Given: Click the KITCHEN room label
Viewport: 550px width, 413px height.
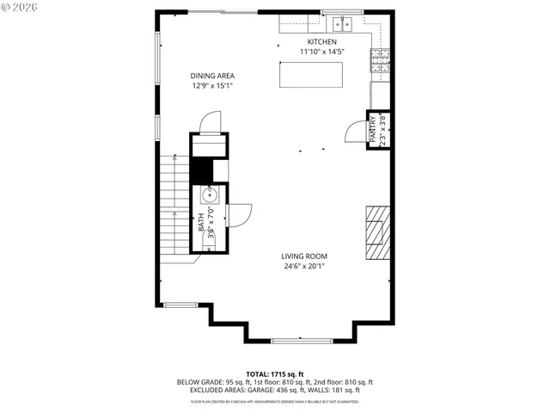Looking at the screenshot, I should pyautogui.click(x=322, y=41).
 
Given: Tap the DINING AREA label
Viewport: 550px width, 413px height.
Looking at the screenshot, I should pyautogui.click(x=211, y=76).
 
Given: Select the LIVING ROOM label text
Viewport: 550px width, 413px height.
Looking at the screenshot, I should pyautogui.click(x=305, y=256).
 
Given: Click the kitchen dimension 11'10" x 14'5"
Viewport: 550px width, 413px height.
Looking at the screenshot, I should pyautogui.click(x=322, y=52).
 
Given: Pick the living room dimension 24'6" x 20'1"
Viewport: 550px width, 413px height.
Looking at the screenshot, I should pyautogui.click(x=305, y=266).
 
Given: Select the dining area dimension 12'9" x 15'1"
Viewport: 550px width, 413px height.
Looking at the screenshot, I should pyautogui.click(x=211, y=85).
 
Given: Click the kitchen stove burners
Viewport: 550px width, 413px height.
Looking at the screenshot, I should pyautogui.click(x=379, y=59).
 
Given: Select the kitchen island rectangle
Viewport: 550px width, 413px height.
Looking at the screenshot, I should pyautogui.click(x=311, y=75).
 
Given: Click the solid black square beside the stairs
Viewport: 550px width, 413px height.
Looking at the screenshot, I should pyautogui.click(x=200, y=173).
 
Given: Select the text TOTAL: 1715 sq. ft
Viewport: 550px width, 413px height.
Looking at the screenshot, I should pyautogui.click(x=275, y=375).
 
